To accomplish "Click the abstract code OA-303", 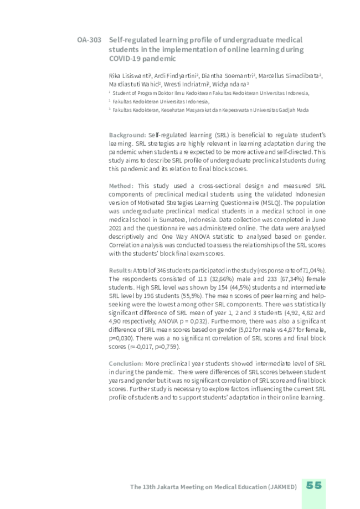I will (89, 40).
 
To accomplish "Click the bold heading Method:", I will (121, 186).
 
